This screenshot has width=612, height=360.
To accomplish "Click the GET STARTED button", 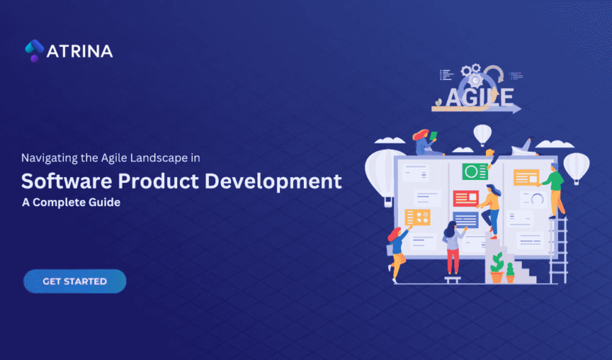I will (x=75, y=281).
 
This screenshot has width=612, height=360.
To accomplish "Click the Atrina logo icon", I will (x=34, y=51).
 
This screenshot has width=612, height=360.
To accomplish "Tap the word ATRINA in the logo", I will (x=80, y=52).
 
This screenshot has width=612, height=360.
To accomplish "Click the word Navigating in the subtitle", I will (x=48, y=156).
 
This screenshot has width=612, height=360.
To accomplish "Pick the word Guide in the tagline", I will (x=104, y=202).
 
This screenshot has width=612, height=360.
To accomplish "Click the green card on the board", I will (x=474, y=171).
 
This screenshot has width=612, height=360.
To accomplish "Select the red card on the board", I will (x=465, y=198).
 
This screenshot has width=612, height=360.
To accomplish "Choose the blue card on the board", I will (x=466, y=220).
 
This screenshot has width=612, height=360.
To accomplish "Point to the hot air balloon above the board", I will (x=482, y=135).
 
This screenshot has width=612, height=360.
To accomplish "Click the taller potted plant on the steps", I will (x=497, y=267).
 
